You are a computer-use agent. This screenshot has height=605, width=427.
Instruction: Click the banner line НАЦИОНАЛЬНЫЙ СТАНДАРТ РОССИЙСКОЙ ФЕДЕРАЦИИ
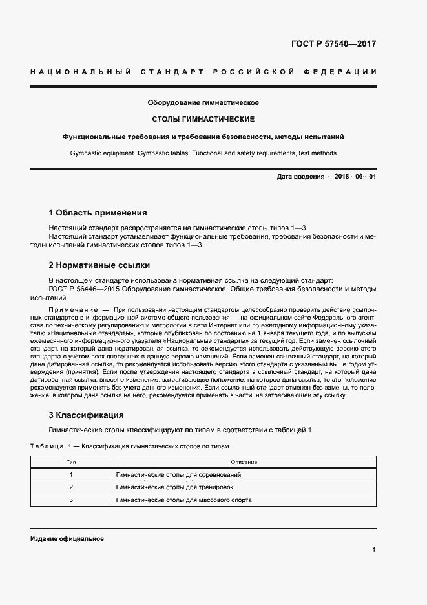(x=203, y=72)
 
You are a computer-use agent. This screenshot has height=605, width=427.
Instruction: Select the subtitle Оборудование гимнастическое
(x=203, y=103)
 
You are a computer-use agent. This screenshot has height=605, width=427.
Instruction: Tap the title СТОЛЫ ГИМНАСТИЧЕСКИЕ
(x=203, y=120)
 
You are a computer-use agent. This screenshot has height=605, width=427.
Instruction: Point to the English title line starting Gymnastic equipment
(x=203, y=153)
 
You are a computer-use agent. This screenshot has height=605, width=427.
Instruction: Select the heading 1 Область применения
(x=98, y=212)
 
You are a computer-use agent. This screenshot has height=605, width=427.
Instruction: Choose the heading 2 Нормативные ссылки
(x=99, y=265)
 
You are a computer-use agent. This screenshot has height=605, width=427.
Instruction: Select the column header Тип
(x=71, y=462)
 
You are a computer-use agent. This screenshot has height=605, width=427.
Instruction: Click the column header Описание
(x=244, y=462)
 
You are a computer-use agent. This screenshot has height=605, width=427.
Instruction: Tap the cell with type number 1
(x=71, y=474)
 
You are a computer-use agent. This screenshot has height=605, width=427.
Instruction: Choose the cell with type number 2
(x=71, y=487)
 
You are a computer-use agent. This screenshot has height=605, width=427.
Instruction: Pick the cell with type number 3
(x=71, y=500)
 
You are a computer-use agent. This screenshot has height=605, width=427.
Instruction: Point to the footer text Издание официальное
(x=67, y=538)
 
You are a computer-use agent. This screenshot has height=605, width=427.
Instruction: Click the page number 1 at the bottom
(x=374, y=550)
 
